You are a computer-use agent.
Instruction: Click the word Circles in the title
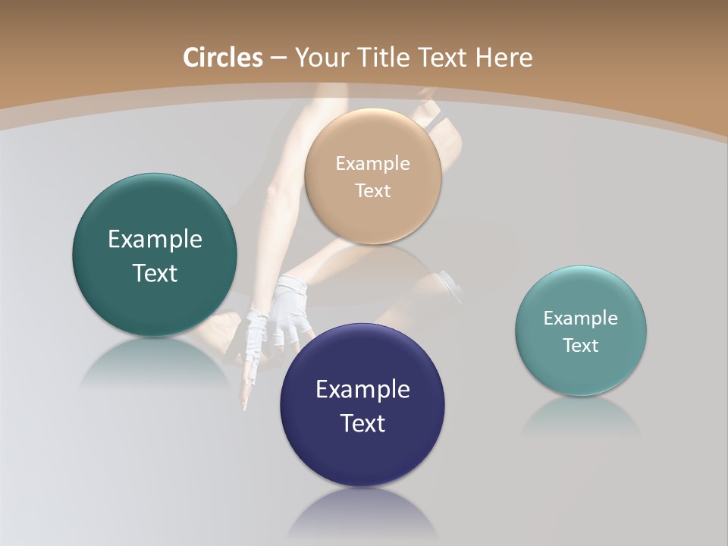(x=222, y=58)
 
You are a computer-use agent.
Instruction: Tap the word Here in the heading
(x=504, y=58)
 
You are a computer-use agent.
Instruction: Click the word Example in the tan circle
(x=372, y=163)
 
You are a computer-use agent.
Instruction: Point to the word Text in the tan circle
(x=372, y=190)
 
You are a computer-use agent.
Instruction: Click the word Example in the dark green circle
(x=155, y=240)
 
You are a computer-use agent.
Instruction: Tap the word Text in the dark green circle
(x=155, y=273)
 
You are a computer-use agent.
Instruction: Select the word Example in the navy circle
(x=362, y=390)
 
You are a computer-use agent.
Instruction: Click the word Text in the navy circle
(x=362, y=423)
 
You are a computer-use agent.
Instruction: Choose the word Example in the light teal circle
(x=581, y=318)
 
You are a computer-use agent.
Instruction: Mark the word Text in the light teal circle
(x=581, y=345)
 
